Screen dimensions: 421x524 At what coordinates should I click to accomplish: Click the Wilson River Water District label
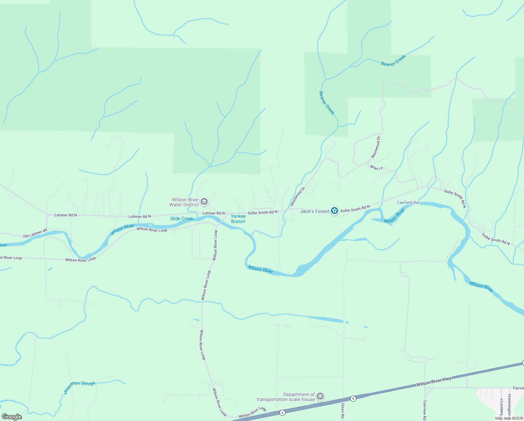pyautogui.click(x=184, y=202)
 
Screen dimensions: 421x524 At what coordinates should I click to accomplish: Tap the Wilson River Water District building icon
pyautogui.click(x=205, y=202)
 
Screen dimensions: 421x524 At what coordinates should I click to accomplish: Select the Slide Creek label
pyautogui.click(x=181, y=219)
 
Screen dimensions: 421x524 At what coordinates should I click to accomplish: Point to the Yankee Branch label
pyautogui.click(x=238, y=219)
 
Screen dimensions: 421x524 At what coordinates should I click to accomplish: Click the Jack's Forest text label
pyautogui.click(x=315, y=211)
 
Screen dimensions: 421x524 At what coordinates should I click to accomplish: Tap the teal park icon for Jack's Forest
pyautogui.click(x=335, y=210)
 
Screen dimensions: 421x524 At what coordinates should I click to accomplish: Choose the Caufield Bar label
pyautogui.click(x=408, y=202)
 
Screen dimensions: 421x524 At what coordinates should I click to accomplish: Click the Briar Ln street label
pyautogui.click(x=377, y=168)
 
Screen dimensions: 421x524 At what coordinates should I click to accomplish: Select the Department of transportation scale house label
pyautogui.click(x=286, y=397)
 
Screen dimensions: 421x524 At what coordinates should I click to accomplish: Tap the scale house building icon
pyautogui.click(x=320, y=397)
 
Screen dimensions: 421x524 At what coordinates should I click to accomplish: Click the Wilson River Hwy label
pyautogui.click(x=434, y=382)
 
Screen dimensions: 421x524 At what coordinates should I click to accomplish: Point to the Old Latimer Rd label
pyautogui.click(x=35, y=233)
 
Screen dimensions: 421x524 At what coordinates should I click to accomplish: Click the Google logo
pyautogui.click(x=12, y=417)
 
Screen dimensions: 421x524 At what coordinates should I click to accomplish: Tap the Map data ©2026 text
pyautogui.click(x=509, y=418)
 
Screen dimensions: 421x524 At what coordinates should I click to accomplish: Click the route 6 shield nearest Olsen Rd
pyautogui.click(x=353, y=399)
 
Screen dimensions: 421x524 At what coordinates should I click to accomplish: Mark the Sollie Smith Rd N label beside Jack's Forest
pyautogui.click(x=355, y=209)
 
